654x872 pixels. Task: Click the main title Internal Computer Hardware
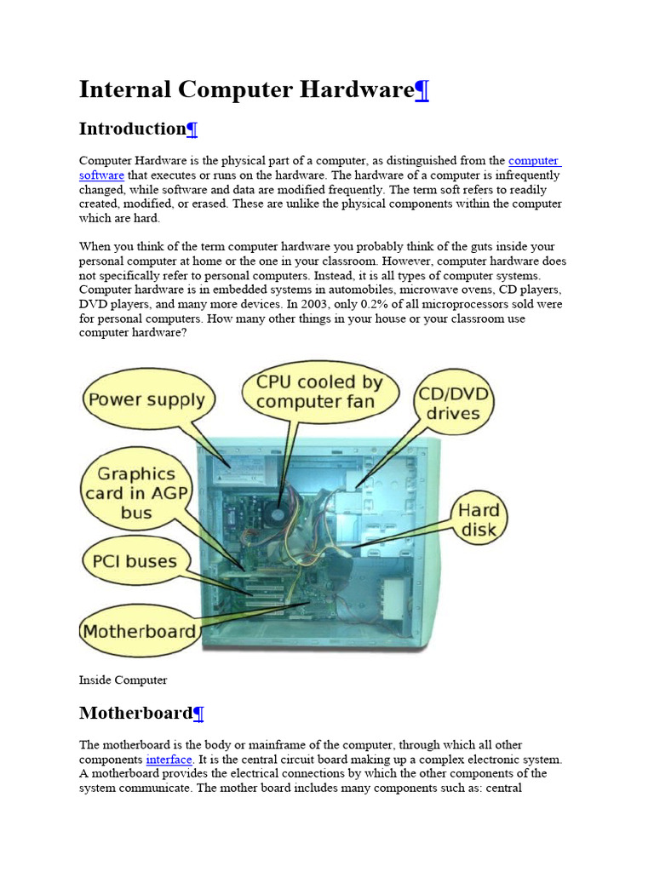[x=245, y=89]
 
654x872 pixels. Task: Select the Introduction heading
[x=132, y=129]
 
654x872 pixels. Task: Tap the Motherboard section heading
[x=135, y=712]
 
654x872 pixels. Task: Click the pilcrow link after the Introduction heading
[x=192, y=129]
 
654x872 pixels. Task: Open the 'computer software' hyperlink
[x=533, y=160]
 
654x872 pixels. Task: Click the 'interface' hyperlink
[x=169, y=759]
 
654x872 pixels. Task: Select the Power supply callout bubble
[x=146, y=399]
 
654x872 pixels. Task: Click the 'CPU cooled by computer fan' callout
[x=318, y=392]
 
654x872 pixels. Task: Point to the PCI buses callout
[x=130, y=562]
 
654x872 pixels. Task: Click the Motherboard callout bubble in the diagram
[x=139, y=632]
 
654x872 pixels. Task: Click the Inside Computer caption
[x=123, y=680]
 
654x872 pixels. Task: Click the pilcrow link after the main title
[x=421, y=89]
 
